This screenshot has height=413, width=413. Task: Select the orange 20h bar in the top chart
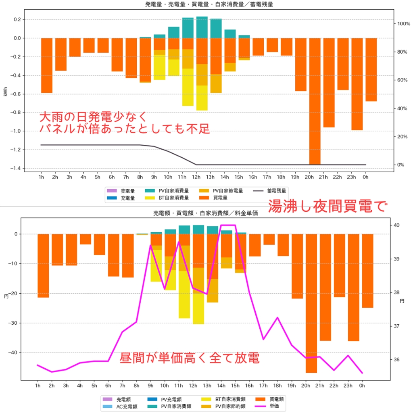coord(315,101)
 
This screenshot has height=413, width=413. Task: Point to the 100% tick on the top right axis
coord(403,24)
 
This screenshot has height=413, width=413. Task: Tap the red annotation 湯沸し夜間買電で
coord(327,207)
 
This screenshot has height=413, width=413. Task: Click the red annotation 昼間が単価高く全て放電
coord(189,358)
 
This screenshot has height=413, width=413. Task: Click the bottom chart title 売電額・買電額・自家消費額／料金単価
coord(205,213)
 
